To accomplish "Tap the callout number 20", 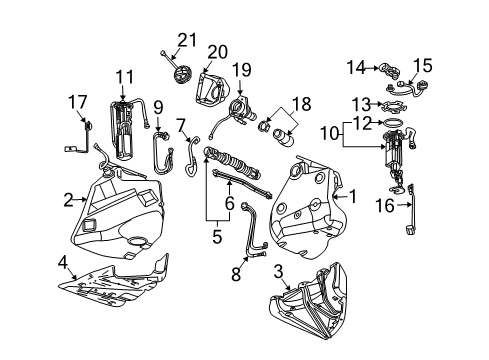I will tap(217, 51).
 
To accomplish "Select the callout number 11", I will tap(124, 76).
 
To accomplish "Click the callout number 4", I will tap(62, 264).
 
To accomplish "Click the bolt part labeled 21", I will tap(163, 56).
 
